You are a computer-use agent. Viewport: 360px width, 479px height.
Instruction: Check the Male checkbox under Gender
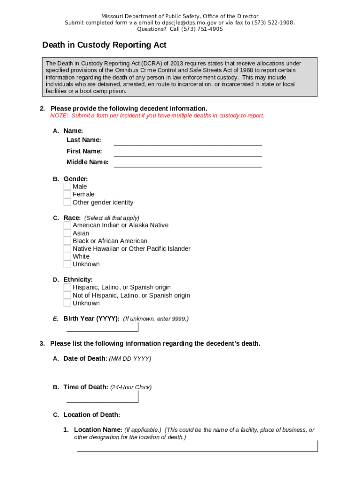pos(67,187)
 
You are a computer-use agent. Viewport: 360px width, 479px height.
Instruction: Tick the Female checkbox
pos(67,195)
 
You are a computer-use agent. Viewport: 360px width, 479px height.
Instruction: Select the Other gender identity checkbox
pos(67,203)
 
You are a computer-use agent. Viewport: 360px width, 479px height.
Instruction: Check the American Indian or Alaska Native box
pos(67,225)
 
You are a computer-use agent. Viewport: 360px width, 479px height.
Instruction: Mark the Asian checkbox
pos(67,233)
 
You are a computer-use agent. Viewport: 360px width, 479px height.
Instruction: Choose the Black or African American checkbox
pos(67,241)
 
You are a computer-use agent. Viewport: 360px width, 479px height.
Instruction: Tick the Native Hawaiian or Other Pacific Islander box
pos(67,249)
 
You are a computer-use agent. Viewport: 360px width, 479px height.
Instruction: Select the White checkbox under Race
pos(67,257)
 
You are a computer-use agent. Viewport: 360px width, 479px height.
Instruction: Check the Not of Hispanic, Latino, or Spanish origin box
pos(67,296)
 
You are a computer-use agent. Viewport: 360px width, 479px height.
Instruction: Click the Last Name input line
pos(187,141)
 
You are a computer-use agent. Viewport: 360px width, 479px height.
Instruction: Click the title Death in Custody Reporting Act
pos(104,45)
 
